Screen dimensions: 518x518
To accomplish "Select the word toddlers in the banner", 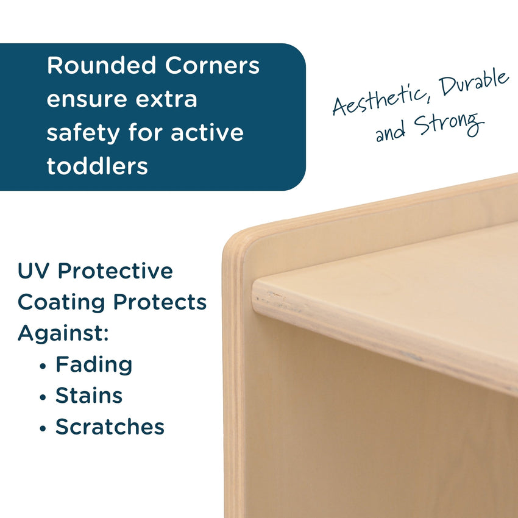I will (x=98, y=166).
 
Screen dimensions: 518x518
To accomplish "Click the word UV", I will (x=34, y=271).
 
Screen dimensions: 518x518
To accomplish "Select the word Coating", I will (x=61, y=302).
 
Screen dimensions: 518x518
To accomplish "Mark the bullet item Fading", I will (x=94, y=364).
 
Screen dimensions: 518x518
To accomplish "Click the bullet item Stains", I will (x=89, y=396).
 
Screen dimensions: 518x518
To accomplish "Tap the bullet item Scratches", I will (x=110, y=427).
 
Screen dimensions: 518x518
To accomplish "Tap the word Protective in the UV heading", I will (x=115, y=271).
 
